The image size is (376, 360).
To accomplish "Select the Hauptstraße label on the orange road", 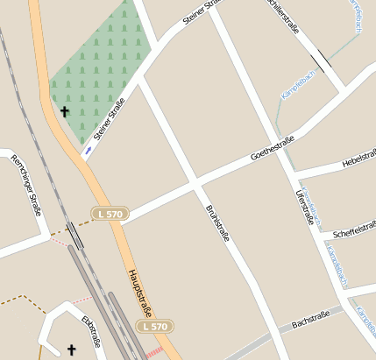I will (x=140, y=291).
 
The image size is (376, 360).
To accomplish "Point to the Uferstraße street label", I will (x=304, y=208).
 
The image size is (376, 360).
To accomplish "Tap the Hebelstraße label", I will (x=359, y=160).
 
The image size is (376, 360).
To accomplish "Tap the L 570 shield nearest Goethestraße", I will (x=110, y=213).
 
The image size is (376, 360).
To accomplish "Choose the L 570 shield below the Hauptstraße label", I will (x=154, y=327).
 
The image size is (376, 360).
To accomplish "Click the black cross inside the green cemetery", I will (x=64, y=111).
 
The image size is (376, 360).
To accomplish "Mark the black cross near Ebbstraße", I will (x=72, y=349).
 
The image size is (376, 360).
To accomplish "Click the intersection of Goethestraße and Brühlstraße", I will (x=195, y=185).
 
